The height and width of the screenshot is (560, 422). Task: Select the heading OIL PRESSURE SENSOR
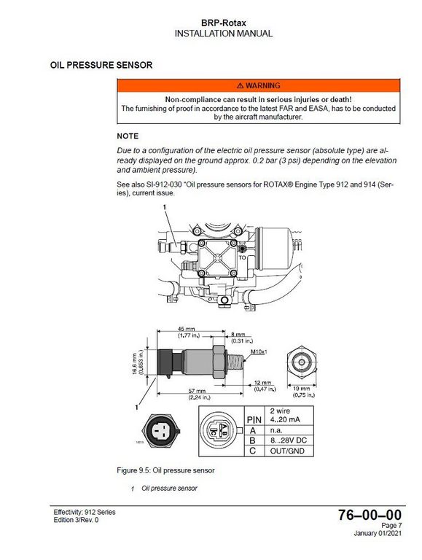101,66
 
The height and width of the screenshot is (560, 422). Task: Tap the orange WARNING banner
259,85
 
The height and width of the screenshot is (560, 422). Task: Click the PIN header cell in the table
254,420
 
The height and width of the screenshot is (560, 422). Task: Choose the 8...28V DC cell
290,440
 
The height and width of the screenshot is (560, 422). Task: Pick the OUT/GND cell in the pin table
290,451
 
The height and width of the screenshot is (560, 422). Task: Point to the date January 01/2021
377,533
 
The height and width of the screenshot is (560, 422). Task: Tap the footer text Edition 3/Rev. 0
77,519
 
